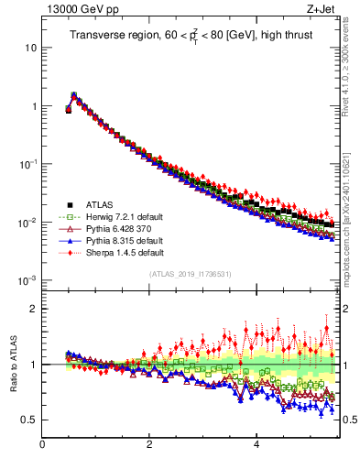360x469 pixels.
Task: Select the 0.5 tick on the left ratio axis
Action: pos(29,420)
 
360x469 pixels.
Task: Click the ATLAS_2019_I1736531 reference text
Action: pos(190,274)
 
